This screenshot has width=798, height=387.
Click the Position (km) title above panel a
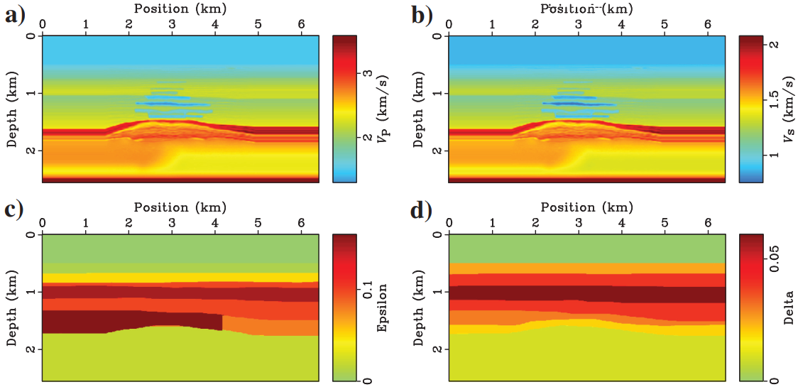pos(180,7)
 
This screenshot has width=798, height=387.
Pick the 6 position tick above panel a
pos(301,24)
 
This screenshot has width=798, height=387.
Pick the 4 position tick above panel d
pos(622,223)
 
